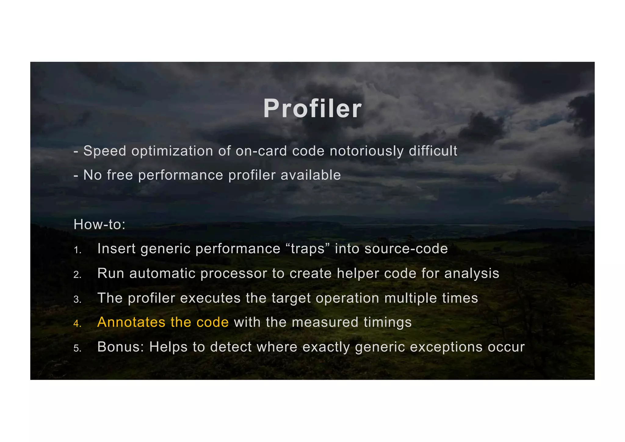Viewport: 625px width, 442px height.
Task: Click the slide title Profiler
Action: click(312, 109)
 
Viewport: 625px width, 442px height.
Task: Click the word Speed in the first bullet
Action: click(105, 151)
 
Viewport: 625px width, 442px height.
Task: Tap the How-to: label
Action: click(99, 225)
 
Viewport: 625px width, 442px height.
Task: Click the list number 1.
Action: click(77, 250)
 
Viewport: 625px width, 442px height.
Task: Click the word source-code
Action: click(406, 249)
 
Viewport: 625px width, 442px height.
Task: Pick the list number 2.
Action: click(77, 275)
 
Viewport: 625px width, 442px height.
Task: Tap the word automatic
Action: click(162, 273)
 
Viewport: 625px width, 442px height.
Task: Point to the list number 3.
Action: click(77, 300)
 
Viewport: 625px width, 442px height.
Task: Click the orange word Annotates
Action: click(131, 322)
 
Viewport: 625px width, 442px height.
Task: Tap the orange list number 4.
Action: click(77, 324)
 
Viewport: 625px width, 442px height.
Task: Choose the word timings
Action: click(388, 323)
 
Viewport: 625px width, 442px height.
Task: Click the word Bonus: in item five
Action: click(121, 347)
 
